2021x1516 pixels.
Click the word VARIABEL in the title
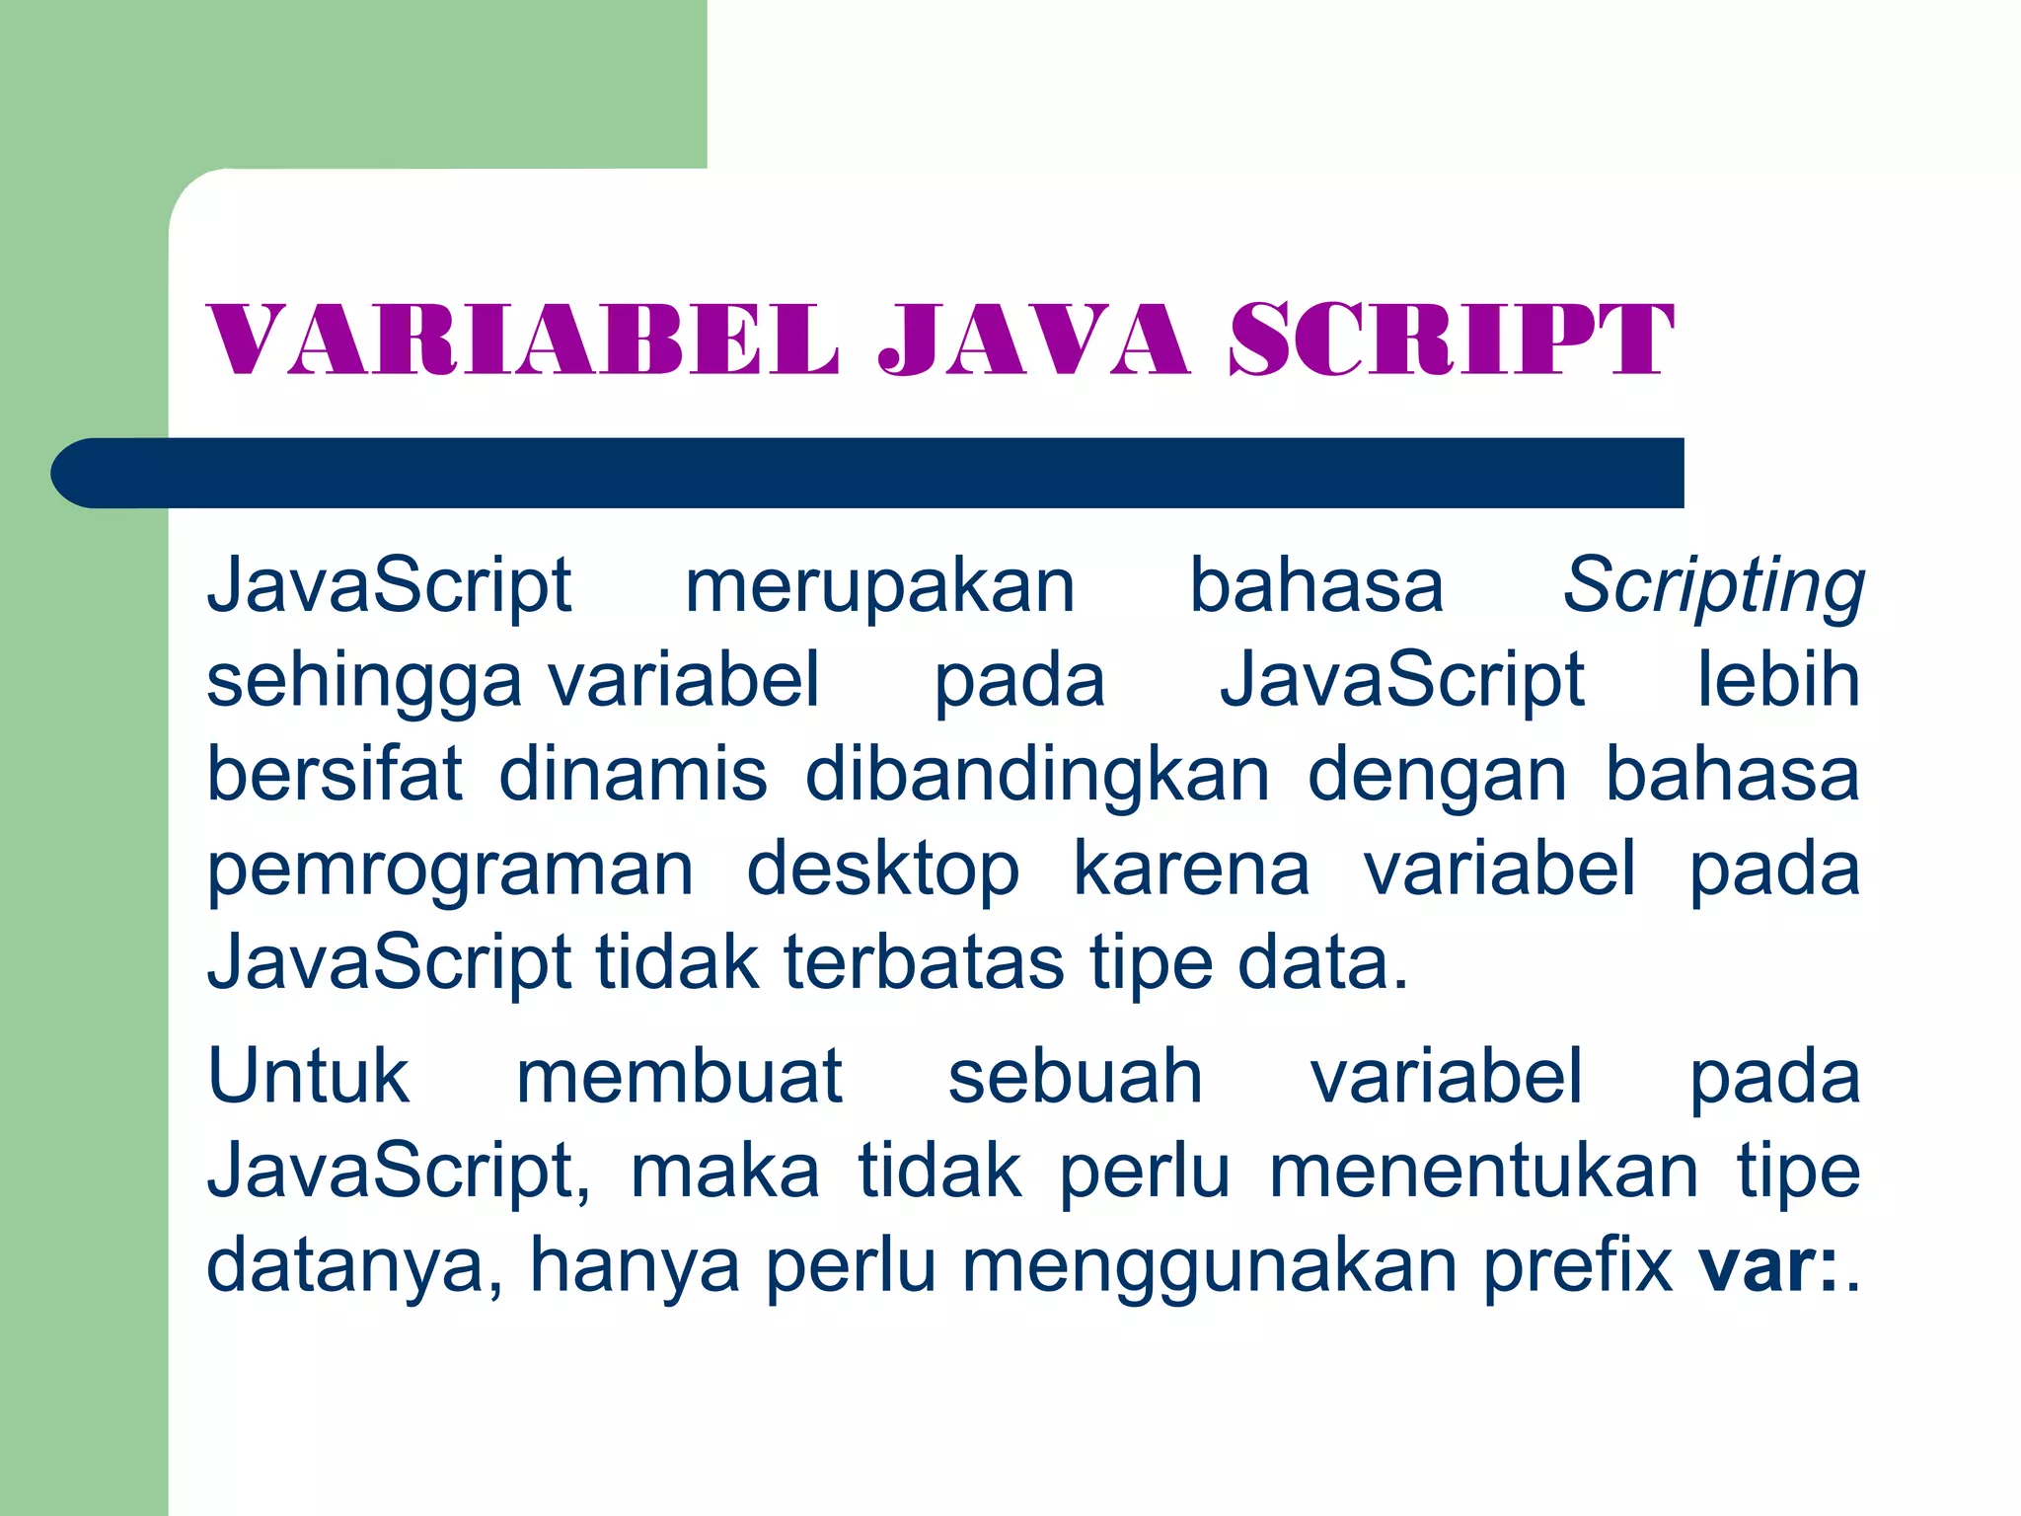point(522,341)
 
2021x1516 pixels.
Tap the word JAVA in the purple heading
point(1033,341)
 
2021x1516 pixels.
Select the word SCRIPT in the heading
point(1451,341)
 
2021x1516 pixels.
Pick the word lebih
point(1778,681)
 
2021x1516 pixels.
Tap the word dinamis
point(633,775)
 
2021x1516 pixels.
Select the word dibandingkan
point(1037,775)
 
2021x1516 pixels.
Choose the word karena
point(1191,870)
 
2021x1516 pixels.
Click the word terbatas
point(924,962)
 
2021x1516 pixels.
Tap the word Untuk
point(308,1077)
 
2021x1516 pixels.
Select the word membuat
point(679,1077)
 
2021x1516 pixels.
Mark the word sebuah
point(1076,1077)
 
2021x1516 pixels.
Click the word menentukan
point(1483,1172)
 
